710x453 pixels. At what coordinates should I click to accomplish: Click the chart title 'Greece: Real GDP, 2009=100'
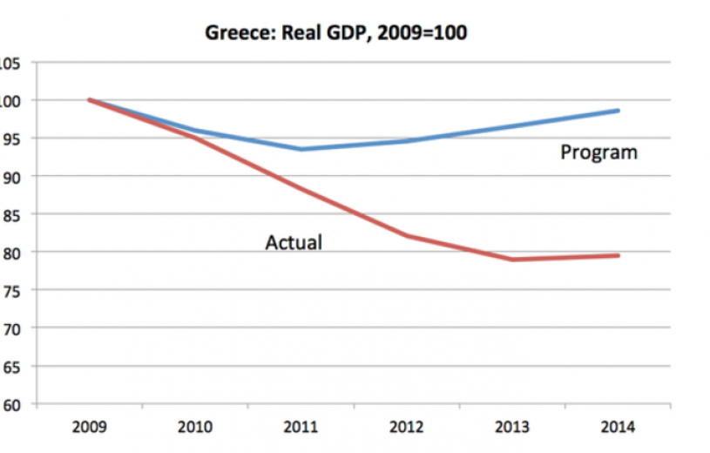336,35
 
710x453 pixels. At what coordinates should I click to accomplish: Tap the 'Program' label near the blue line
598,153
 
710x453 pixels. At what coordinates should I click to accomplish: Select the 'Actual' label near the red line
293,242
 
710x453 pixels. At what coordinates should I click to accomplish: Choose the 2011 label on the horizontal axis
300,428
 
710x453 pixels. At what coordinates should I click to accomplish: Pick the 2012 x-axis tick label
406,428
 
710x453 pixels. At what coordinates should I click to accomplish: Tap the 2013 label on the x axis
512,428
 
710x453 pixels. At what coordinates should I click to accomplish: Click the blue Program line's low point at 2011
300,149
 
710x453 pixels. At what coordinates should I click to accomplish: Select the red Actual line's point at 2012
406,236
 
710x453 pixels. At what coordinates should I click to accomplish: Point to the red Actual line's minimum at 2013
512,260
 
